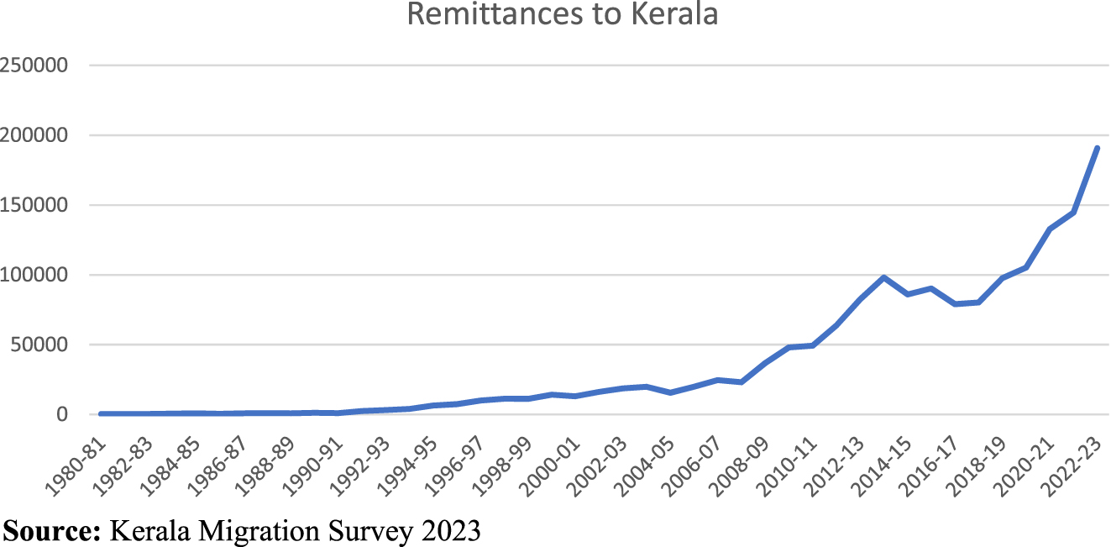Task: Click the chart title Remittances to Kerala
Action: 562,14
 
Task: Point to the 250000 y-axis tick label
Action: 46,66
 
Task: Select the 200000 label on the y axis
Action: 46,135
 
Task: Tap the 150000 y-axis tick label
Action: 46,205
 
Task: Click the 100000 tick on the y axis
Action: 46,275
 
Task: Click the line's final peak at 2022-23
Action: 1097,148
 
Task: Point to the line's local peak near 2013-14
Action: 883,277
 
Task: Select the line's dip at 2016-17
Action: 955,303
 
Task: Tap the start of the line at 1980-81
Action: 101,413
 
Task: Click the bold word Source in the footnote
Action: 51,530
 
